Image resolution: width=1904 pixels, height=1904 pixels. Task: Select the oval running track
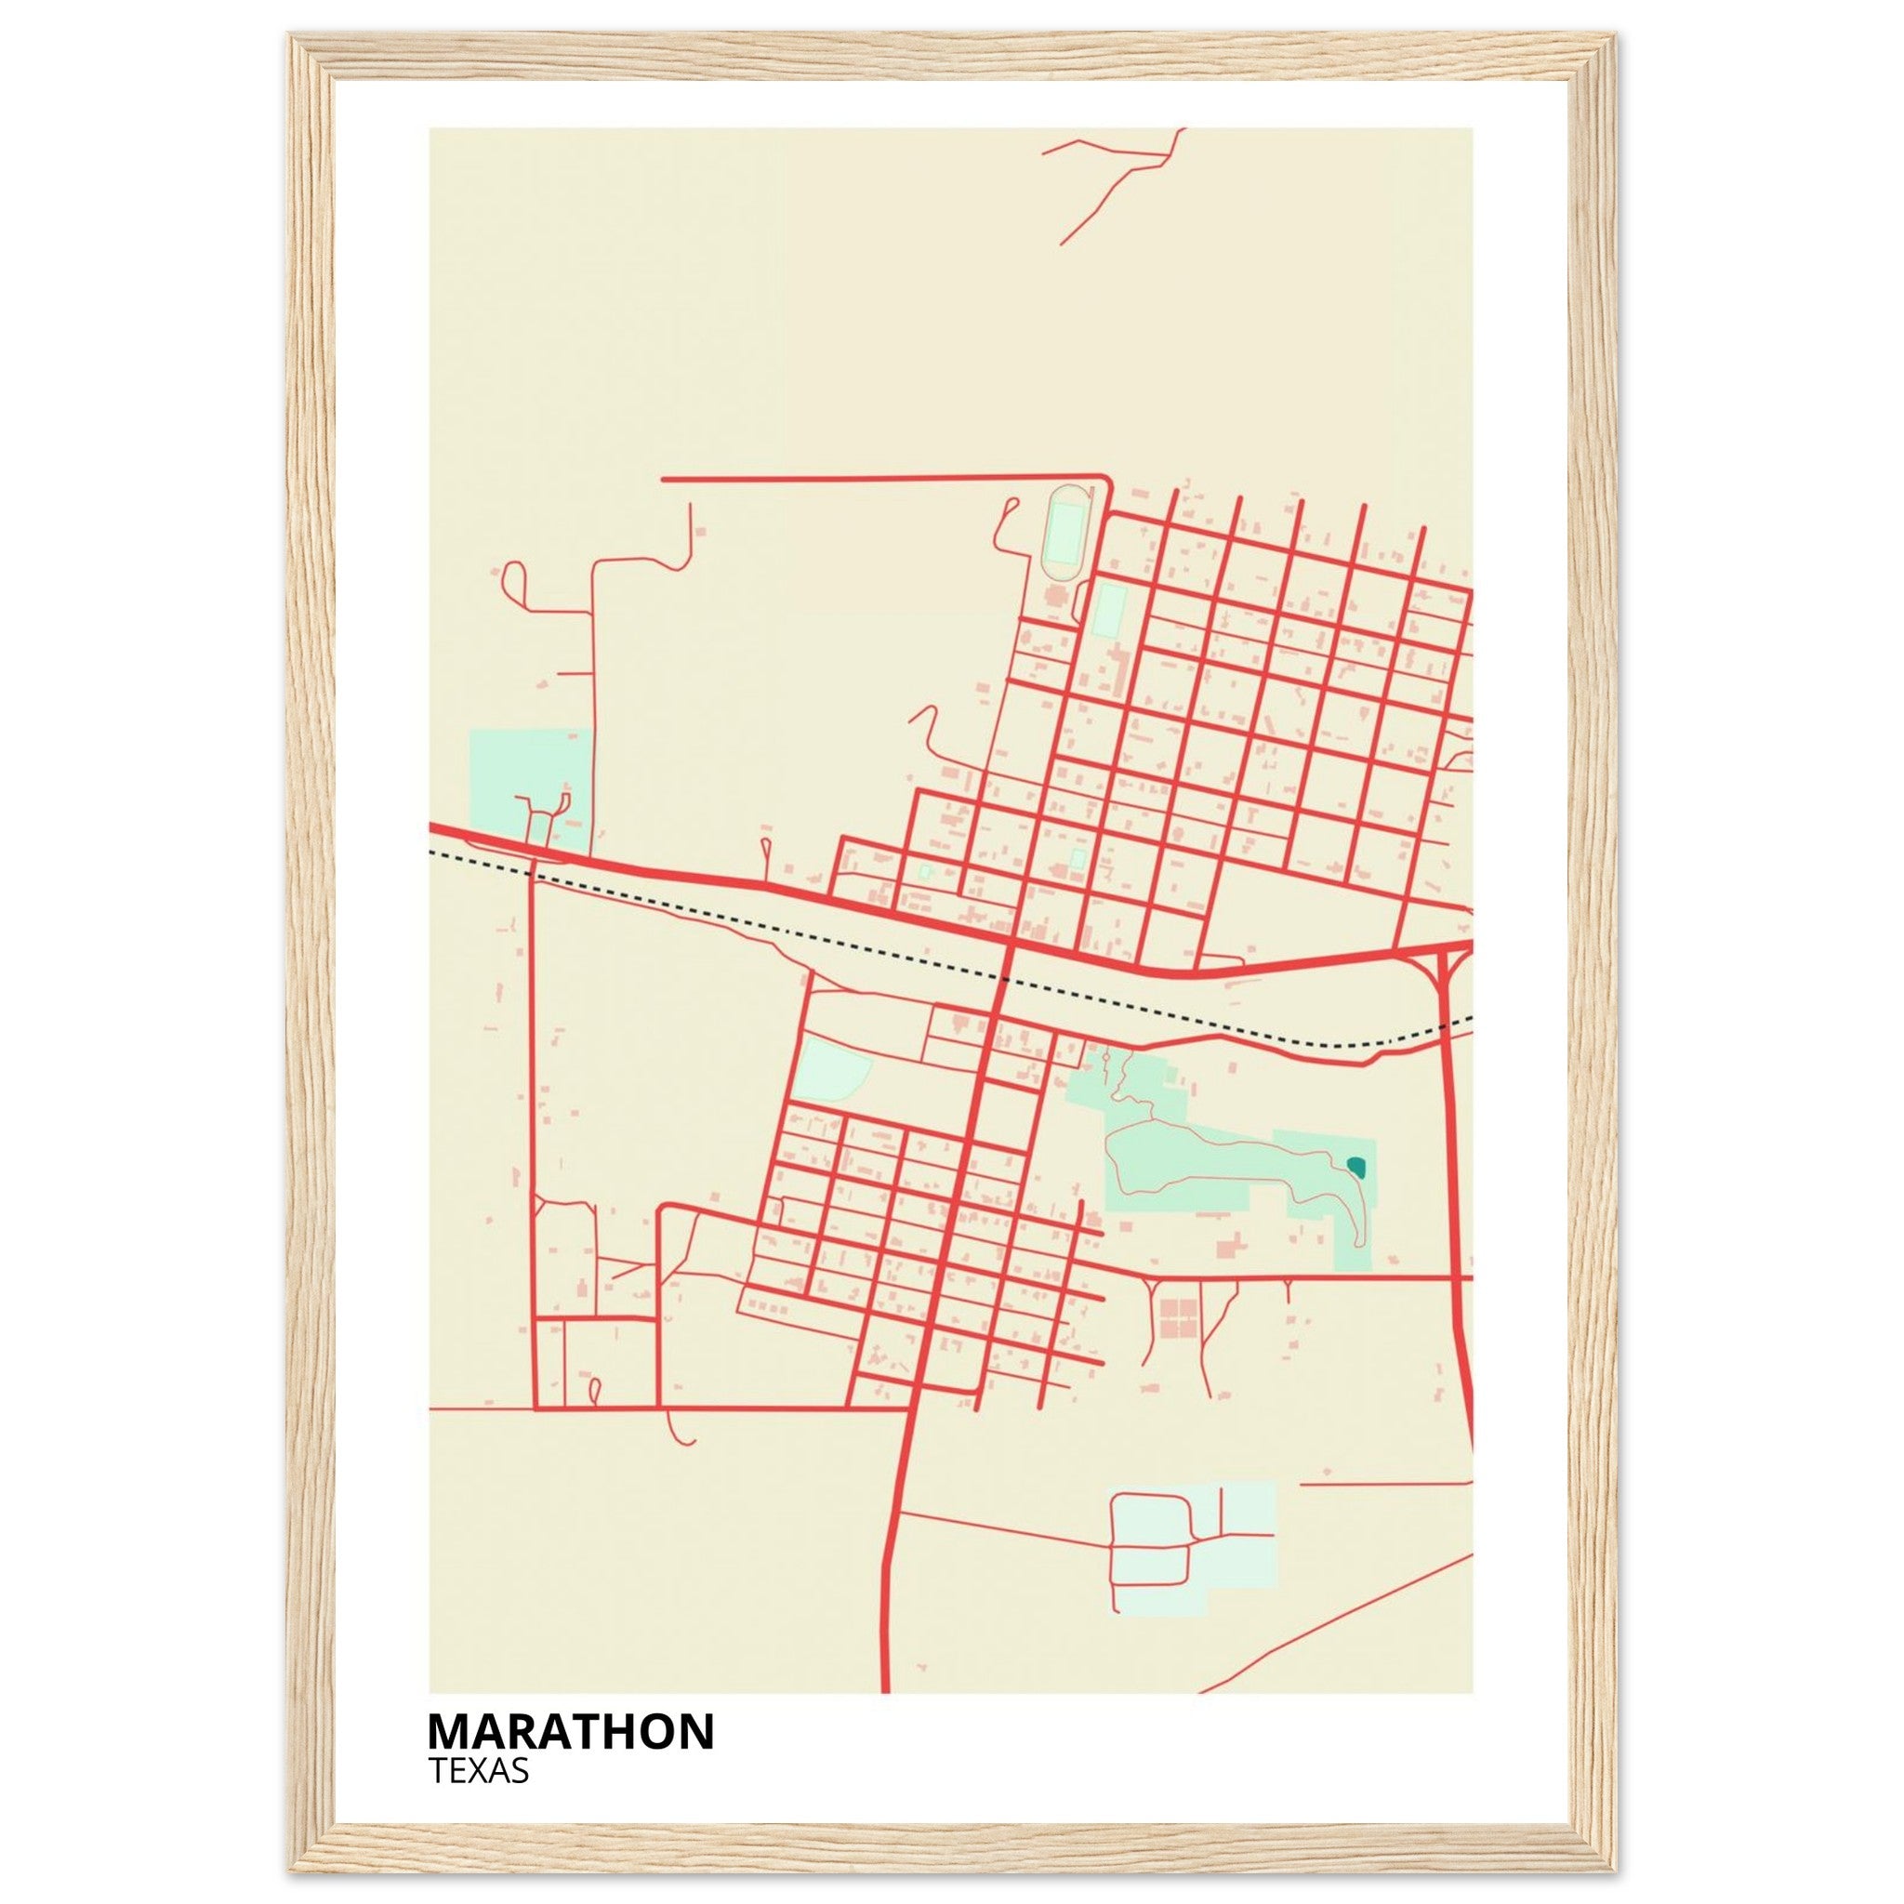tap(1065, 532)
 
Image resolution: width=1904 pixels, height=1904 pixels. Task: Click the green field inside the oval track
tap(1064, 532)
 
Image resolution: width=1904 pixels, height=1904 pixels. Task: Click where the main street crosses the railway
tap(1003, 979)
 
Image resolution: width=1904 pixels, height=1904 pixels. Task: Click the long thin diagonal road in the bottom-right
tap(1341, 1626)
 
